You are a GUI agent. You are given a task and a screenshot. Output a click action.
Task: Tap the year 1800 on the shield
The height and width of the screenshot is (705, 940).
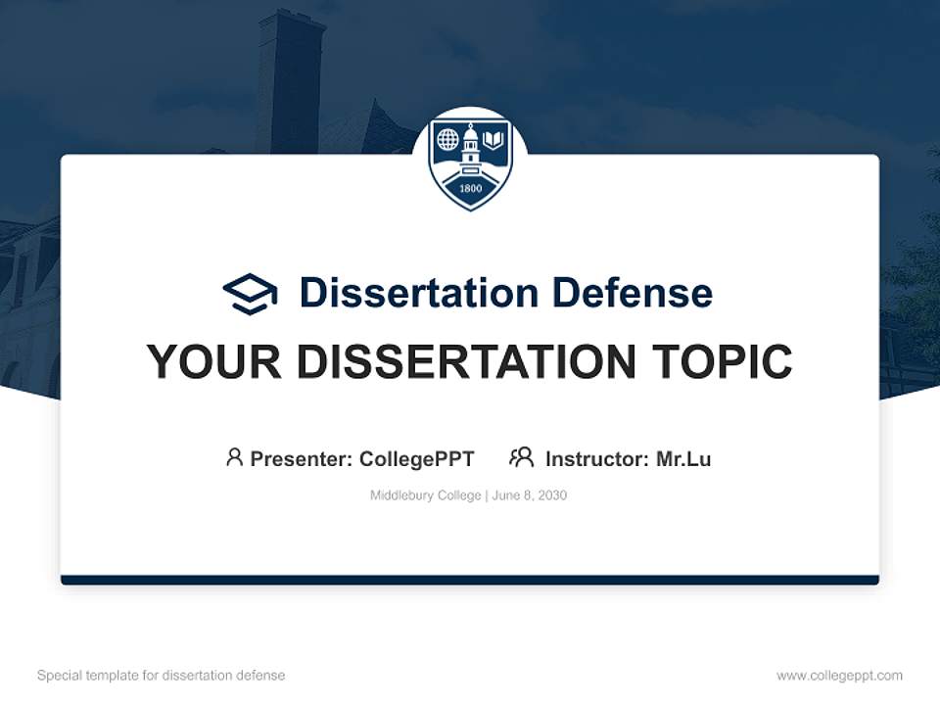click(470, 189)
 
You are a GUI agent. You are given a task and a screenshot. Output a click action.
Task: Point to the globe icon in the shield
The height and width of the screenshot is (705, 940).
click(447, 140)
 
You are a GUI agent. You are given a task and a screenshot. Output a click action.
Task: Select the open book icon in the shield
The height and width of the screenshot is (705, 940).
click(493, 140)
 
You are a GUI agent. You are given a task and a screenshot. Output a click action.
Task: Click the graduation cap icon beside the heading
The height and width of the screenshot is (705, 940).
click(250, 293)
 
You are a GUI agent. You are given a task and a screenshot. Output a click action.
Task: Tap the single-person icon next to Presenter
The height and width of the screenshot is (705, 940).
click(234, 457)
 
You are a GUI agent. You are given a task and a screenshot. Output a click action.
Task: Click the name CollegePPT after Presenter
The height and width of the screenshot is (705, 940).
click(417, 458)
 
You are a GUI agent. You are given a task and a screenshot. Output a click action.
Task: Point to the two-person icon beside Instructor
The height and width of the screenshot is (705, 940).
click(521, 457)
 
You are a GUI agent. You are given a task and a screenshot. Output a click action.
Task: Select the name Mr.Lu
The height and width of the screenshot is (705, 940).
click(683, 458)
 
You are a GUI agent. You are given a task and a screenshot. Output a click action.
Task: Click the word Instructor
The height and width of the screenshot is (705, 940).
click(595, 458)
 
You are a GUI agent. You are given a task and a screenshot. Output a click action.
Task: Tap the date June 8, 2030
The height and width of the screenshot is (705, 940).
click(530, 495)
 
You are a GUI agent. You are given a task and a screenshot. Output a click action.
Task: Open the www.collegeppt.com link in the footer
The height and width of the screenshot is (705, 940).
click(839, 676)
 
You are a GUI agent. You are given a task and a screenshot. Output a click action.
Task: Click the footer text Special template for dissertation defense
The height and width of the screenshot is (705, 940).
click(162, 676)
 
